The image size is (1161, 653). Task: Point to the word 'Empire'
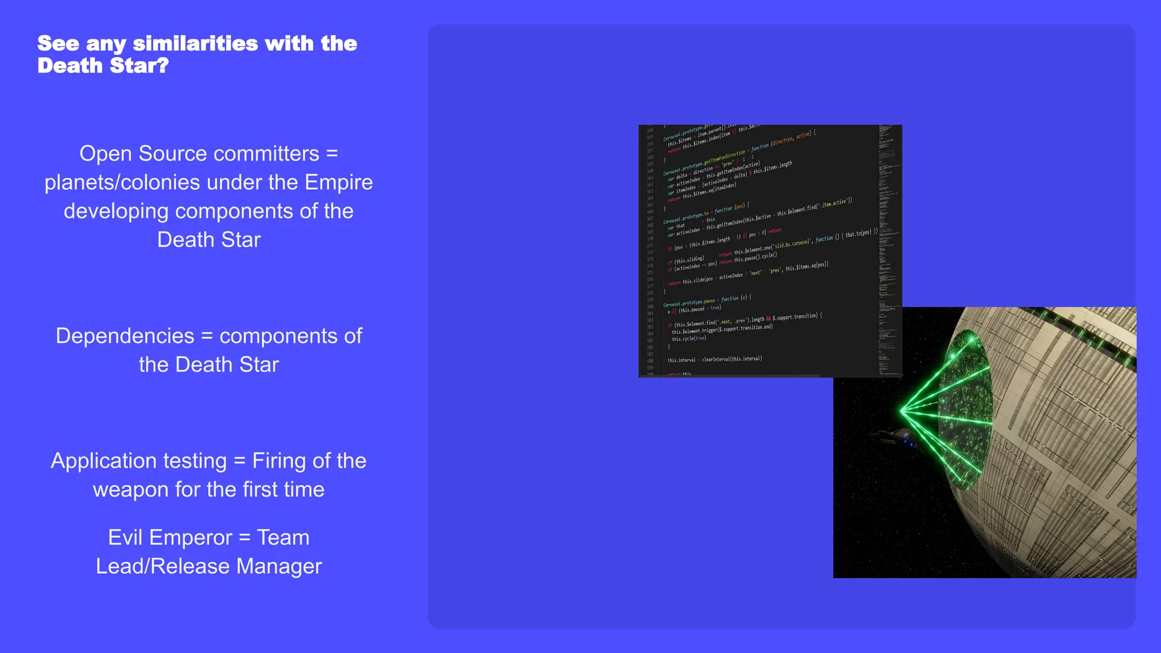338,183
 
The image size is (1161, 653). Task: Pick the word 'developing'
116,211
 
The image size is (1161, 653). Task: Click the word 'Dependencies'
125,336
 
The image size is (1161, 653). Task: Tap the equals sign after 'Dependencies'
207,336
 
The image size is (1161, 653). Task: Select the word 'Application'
138,461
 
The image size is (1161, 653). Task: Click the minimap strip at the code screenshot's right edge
888,249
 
